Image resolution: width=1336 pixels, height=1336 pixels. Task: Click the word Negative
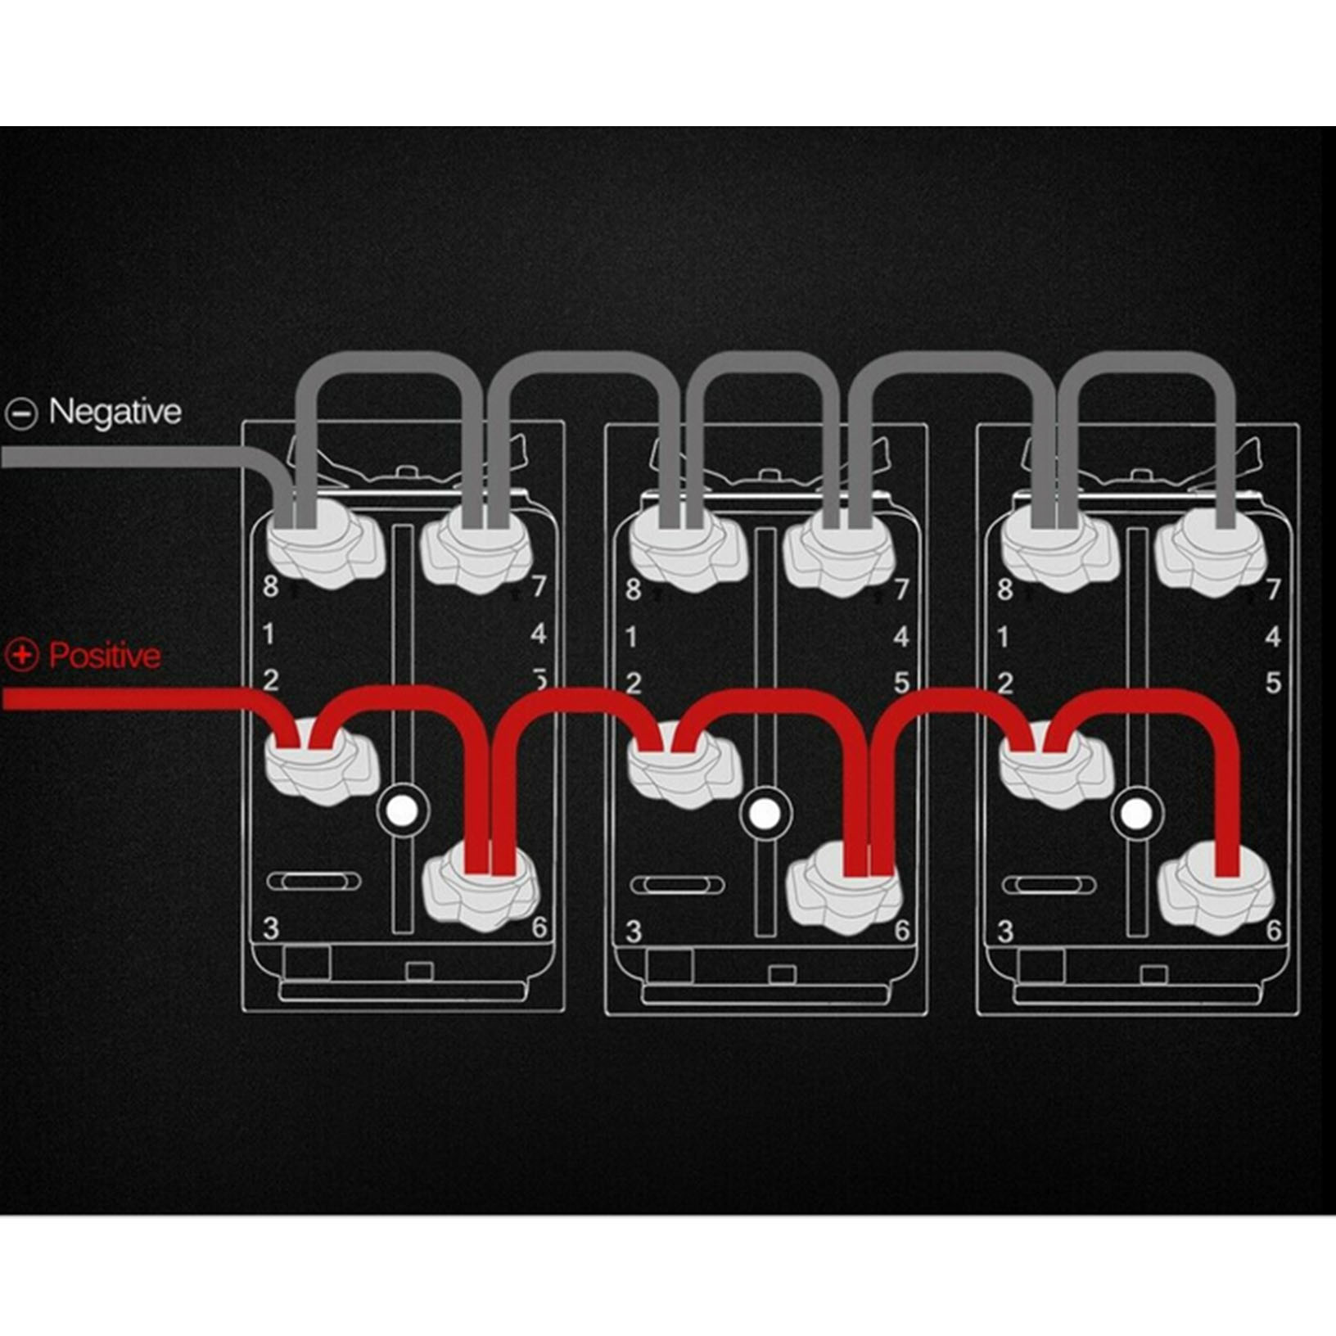pos(115,412)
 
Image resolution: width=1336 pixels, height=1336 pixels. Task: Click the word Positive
pos(105,656)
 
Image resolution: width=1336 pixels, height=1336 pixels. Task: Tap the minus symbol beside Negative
pos(21,413)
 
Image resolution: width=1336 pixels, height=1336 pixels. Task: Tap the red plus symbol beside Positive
pos(21,655)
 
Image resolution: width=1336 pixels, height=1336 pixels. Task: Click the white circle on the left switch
pos(402,810)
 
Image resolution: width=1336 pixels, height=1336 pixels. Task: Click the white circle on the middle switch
pos(765,814)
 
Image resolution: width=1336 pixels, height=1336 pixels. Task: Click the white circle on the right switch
pos(1135,814)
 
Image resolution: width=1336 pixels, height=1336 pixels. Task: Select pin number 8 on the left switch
pos(271,587)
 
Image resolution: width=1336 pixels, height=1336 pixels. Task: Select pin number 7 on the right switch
pos(1273,589)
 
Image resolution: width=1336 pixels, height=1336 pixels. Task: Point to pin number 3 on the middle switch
pos(634,932)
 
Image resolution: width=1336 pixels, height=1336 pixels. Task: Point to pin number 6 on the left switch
pos(539,928)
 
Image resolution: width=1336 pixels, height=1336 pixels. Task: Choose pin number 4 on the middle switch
pos(901,636)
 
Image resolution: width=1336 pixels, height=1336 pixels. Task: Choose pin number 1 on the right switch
pos(1004,637)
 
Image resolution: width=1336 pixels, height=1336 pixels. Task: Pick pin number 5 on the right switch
pos(1273,683)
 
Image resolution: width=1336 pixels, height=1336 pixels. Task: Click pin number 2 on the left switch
pos(271,680)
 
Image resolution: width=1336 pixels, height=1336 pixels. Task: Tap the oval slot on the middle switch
pos(678,885)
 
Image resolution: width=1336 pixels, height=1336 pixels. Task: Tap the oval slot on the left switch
pos(314,882)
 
